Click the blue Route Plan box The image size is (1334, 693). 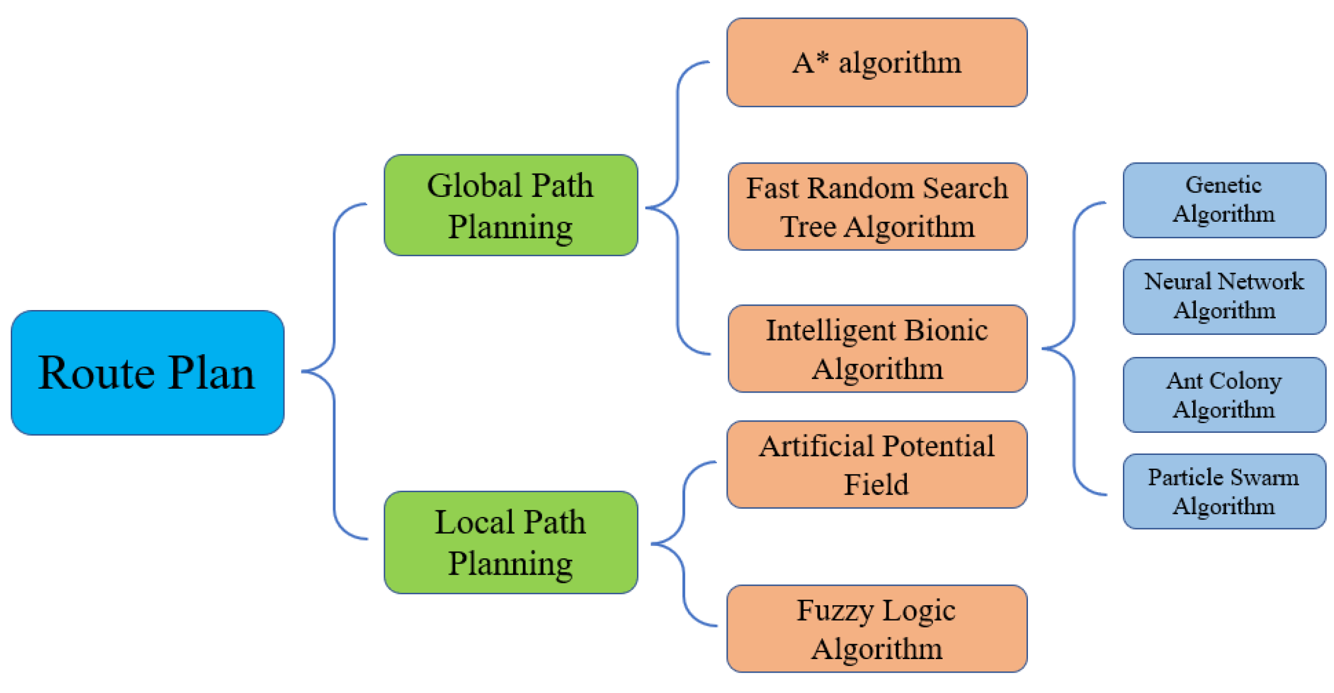click(147, 372)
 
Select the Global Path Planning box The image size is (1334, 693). click(510, 205)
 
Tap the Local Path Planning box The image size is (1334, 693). click(510, 541)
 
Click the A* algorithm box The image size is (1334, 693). click(876, 62)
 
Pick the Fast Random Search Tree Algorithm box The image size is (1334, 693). click(877, 206)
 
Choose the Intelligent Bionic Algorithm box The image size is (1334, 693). click(877, 348)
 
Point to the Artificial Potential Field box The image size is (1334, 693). click(876, 464)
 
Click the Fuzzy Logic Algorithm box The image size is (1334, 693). click(876, 628)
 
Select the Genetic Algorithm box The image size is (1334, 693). click(1223, 200)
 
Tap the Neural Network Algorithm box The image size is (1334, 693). click(1223, 296)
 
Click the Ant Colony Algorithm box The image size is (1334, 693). click(1223, 394)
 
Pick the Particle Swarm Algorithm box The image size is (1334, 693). click(1223, 490)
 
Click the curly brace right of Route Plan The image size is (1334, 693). click(334, 371)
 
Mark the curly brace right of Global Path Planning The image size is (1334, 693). click(677, 208)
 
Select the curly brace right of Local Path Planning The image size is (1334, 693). click(683, 543)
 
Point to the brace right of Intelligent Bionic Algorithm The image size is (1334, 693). click(1073, 348)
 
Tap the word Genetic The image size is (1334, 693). click(1223, 185)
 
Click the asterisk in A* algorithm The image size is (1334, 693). click(823, 57)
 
